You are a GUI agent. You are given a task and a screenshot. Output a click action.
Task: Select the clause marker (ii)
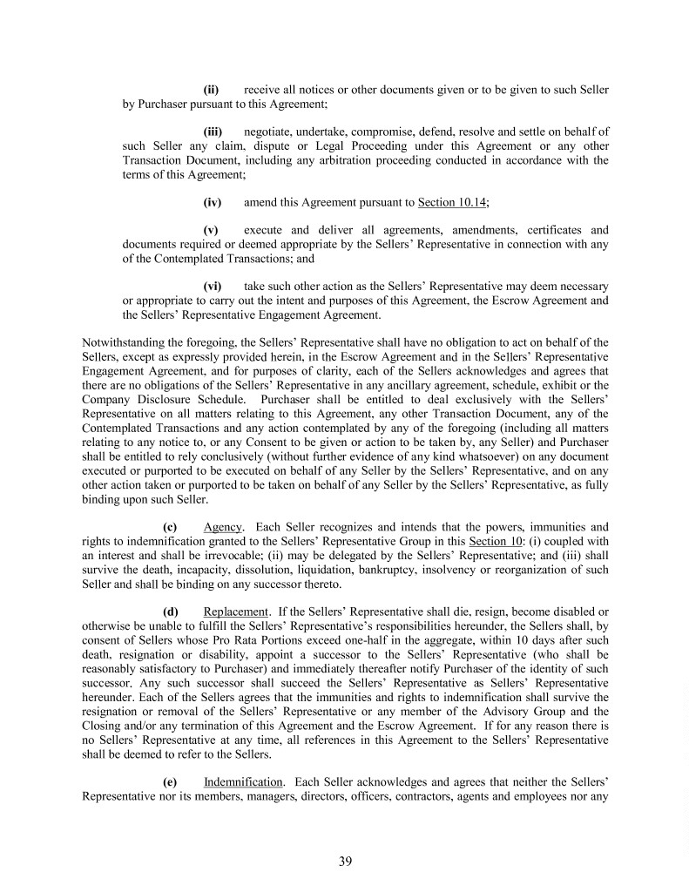tap(211, 90)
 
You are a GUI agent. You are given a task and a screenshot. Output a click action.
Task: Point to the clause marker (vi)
tap(213, 286)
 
